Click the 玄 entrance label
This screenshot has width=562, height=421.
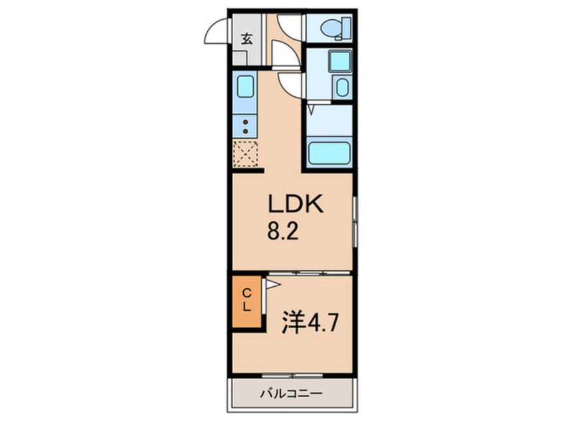[246, 39]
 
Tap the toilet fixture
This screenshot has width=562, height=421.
[330, 28]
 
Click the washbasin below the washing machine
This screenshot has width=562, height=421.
[341, 88]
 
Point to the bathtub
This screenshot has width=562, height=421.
[329, 154]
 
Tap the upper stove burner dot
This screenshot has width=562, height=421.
[246, 122]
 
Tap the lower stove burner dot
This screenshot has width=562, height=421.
[246, 131]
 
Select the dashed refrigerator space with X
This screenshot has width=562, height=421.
[245, 154]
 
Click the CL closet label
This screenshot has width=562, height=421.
[246, 300]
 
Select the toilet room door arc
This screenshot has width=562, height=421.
[290, 25]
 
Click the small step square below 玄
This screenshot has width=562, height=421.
[246, 57]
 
